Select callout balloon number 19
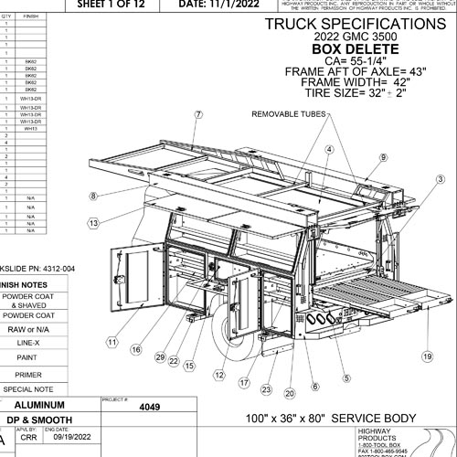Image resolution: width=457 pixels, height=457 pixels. tap(426, 356)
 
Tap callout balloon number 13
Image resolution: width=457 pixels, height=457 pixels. tap(94, 222)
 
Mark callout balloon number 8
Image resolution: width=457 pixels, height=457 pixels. tap(93, 196)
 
